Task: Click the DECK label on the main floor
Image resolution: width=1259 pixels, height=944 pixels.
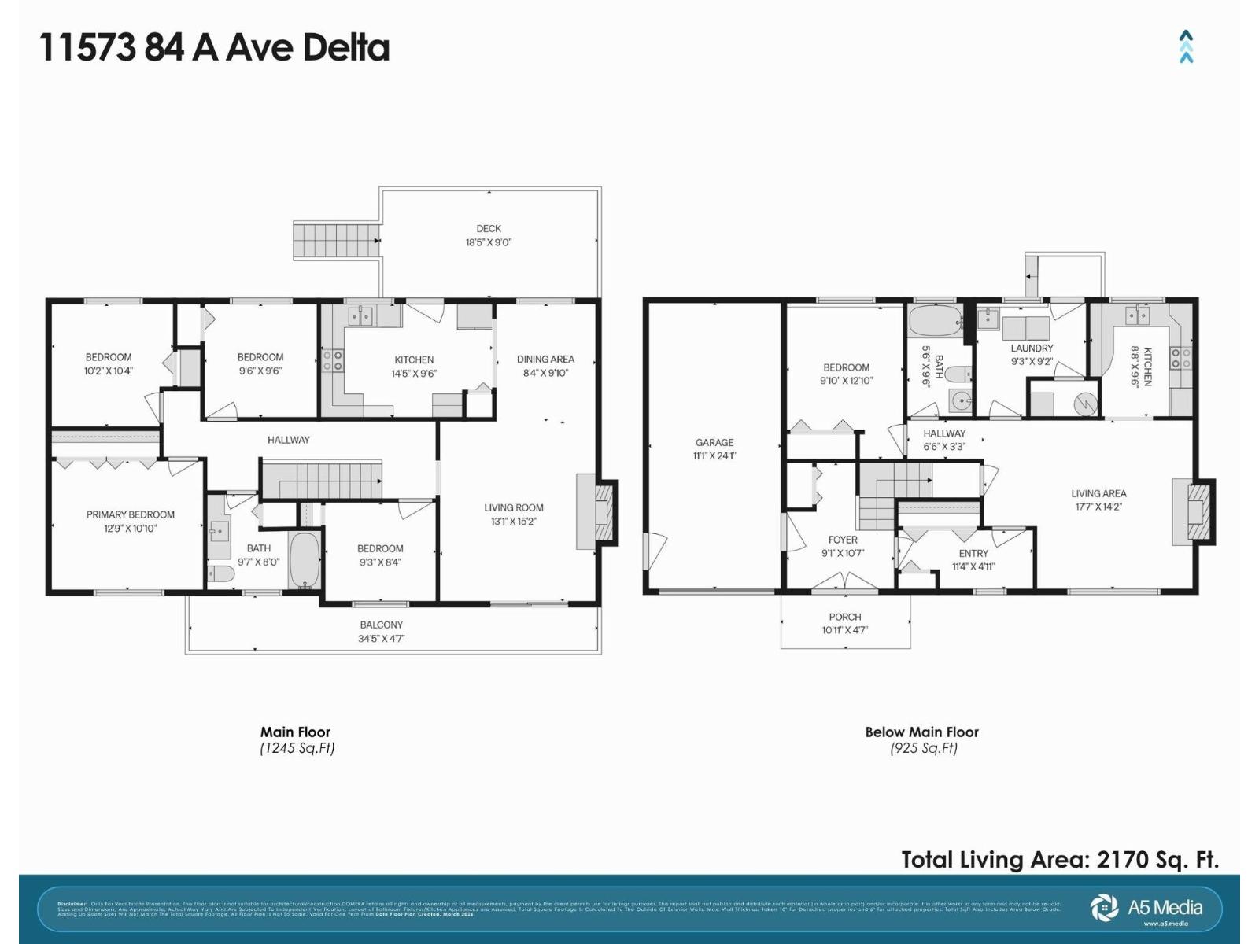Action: pyautogui.click(x=489, y=229)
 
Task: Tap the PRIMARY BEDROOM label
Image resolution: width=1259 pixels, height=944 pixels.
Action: pyautogui.click(x=131, y=514)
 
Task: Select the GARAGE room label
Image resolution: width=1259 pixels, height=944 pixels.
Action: pyautogui.click(x=714, y=442)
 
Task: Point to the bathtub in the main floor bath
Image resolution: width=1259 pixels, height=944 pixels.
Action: pyautogui.click(x=303, y=559)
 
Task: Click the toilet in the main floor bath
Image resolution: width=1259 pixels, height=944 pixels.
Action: pyautogui.click(x=221, y=574)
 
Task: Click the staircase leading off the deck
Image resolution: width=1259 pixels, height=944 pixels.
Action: pyautogui.click(x=336, y=240)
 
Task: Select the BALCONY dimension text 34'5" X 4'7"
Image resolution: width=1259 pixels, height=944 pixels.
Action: pyautogui.click(x=381, y=639)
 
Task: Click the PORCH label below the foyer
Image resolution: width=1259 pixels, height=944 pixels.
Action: pyautogui.click(x=845, y=617)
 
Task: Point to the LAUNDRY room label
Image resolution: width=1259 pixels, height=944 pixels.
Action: pyautogui.click(x=1032, y=348)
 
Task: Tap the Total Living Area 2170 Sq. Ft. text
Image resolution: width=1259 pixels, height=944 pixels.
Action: pyautogui.click(x=1060, y=859)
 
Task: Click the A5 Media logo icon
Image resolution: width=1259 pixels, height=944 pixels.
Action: pyautogui.click(x=1104, y=907)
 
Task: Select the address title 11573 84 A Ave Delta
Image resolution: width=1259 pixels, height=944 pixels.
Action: pyautogui.click(x=214, y=47)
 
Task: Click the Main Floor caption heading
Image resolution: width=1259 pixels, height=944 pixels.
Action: pyautogui.click(x=296, y=732)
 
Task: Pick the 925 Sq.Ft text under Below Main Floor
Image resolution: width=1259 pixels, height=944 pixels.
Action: pyautogui.click(x=924, y=748)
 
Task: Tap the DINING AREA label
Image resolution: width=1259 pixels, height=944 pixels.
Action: pyautogui.click(x=545, y=359)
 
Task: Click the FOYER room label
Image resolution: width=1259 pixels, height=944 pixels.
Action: pyautogui.click(x=843, y=540)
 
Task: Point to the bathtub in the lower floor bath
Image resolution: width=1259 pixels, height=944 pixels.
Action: pyautogui.click(x=935, y=322)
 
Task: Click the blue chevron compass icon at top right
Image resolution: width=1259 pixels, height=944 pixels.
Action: pyautogui.click(x=1186, y=46)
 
